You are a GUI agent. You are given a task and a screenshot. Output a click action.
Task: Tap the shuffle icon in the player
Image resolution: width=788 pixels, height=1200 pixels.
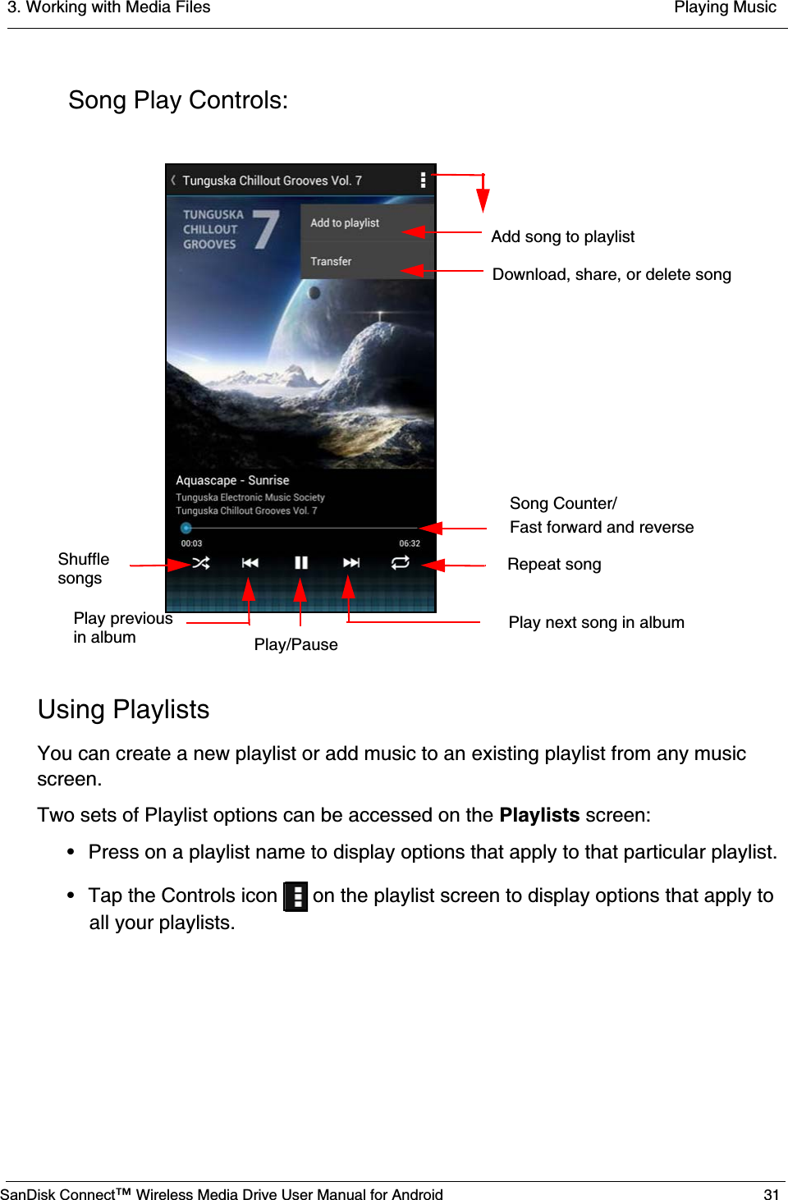(x=201, y=563)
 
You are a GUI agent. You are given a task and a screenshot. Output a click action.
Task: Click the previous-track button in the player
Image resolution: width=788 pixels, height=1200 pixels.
(x=250, y=563)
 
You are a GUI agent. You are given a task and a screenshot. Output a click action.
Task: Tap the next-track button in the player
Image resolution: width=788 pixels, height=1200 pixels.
(x=351, y=563)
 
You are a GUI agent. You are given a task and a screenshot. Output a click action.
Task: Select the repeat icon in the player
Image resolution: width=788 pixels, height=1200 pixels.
(x=401, y=562)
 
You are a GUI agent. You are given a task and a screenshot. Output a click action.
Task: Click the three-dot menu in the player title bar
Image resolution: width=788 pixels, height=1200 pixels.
(x=423, y=180)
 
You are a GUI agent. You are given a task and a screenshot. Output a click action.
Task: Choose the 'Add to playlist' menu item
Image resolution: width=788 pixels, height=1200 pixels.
(x=345, y=223)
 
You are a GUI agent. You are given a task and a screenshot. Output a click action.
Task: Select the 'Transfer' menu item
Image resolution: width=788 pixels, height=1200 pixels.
(x=331, y=261)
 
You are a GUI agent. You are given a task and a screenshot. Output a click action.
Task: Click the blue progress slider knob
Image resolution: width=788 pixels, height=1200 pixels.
(x=186, y=528)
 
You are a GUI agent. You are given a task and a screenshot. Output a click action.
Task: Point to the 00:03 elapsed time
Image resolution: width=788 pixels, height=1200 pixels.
(x=191, y=543)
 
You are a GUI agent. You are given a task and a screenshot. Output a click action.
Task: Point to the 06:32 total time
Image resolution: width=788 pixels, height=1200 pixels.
(x=410, y=543)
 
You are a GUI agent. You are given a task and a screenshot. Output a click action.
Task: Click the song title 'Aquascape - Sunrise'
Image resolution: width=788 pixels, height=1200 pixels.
(x=232, y=480)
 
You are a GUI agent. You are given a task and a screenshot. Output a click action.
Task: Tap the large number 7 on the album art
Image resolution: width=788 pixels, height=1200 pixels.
(x=266, y=229)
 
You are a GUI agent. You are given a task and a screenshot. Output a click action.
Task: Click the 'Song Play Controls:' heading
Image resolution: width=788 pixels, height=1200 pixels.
(x=178, y=100)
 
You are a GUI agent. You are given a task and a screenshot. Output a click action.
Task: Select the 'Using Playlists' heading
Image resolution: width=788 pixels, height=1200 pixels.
(x=123, y=709)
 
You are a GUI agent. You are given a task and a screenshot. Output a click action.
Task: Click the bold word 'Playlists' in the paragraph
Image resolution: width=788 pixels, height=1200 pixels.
(x=539, y=815)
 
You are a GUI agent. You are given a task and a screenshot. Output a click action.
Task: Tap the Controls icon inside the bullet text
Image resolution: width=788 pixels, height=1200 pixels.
(x=295, y=896)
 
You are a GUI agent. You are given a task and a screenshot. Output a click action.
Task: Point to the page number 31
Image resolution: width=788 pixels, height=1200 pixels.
(x=771, y=1194)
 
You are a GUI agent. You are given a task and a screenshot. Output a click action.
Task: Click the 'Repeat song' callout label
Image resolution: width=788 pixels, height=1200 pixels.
(x=554, y=565)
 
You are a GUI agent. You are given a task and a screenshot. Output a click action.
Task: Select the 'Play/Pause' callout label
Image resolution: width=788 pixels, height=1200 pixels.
(x=295, y=645)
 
